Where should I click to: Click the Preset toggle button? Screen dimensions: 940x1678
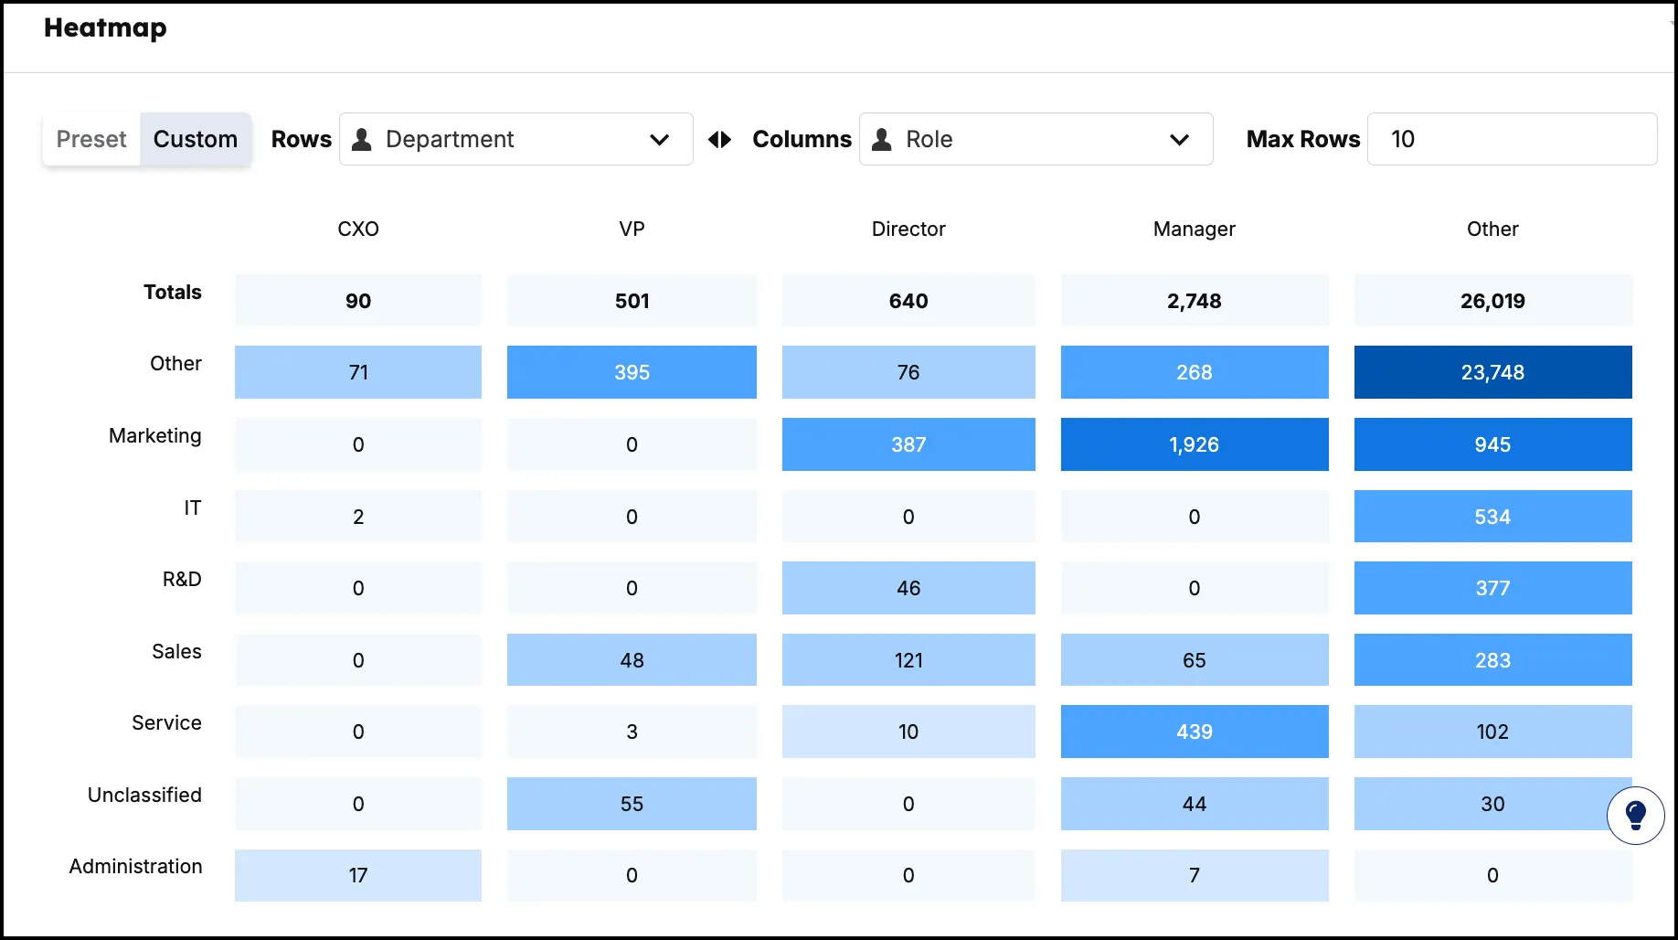[x=91, y=139]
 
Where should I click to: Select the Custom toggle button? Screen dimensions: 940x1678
[x=196, y=139]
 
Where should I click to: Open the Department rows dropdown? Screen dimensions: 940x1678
[x=515, y=139]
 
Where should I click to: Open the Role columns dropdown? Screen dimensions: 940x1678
[x=1035, y=139]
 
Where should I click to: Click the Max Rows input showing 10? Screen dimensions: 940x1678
[x=1512, y=139]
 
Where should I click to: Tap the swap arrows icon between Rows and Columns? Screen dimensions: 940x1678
[x=720, y=139]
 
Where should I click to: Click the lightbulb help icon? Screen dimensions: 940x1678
[x=1635, y=815]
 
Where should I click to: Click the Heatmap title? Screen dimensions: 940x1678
[x=105, y=28]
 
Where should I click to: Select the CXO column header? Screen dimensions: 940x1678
[x=358, y=229]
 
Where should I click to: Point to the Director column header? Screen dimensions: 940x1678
[x=908, y=229]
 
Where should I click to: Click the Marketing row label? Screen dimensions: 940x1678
[x=155, y=435]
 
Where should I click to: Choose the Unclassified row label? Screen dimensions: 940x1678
[x=144, y=795]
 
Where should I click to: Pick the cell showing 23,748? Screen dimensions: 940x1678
[x=1492, y=372]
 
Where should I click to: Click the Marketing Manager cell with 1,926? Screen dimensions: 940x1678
[x=1194, y=444]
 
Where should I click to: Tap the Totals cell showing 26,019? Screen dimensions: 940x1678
[x=1492, y=301]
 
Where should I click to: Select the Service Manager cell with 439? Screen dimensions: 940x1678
[x=1194, y=732]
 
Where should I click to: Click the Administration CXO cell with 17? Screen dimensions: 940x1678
[x=358, y=875]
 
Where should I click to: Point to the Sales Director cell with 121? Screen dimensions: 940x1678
[x=908, y=660]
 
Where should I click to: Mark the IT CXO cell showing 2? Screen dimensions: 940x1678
[x=358, y=517]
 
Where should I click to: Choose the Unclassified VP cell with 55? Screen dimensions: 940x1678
[x=632, y=804]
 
